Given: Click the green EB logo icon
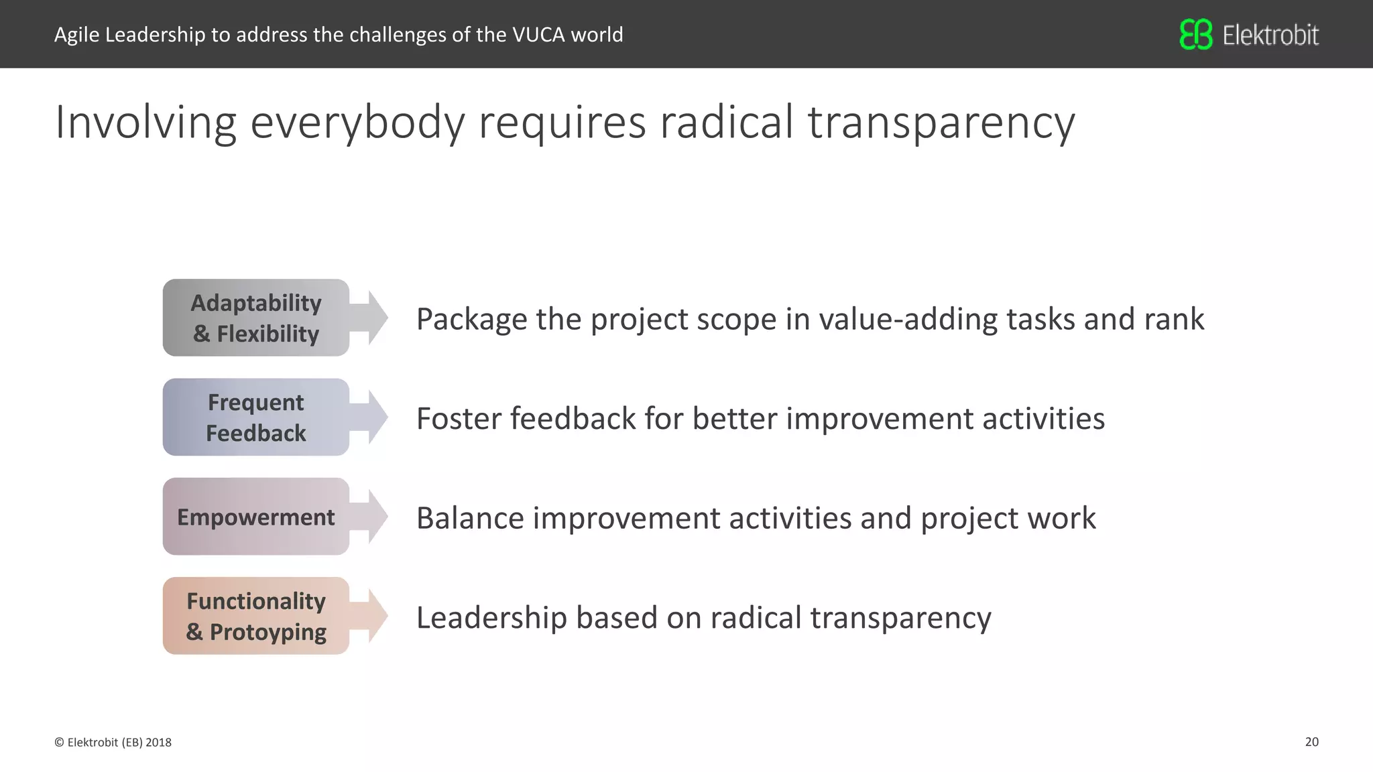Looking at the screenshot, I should click(1196, 34).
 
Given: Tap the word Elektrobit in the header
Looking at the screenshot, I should click(1270, 35).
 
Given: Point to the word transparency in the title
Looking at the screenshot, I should click(941, 123).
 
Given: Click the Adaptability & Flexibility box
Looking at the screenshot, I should click(255, 318).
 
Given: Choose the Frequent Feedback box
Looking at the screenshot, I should click(255, 417).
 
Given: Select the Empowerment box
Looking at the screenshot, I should click(255, 517).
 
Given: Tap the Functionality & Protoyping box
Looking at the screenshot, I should click(255, 616).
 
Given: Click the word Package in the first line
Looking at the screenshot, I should click(471, 320).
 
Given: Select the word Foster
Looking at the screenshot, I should click(459, 419).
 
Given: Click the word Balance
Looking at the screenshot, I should click(470, 518).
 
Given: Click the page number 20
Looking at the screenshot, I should click(1311, 742).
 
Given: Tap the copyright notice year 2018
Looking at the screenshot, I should click(158, 743).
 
